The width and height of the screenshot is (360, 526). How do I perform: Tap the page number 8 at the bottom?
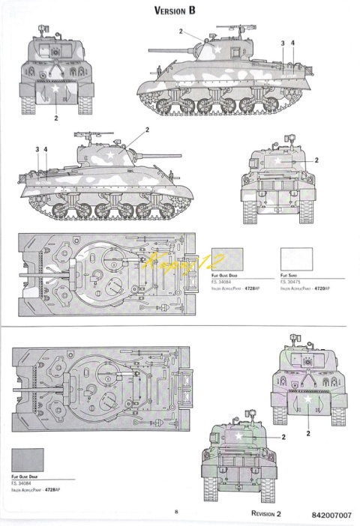tap(175, 511)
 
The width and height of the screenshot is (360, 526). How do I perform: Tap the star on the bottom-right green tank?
tap(307, 401)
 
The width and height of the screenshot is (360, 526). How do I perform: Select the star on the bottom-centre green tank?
tap(238, 435)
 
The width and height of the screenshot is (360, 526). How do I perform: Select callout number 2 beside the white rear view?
tap(317, 160)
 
